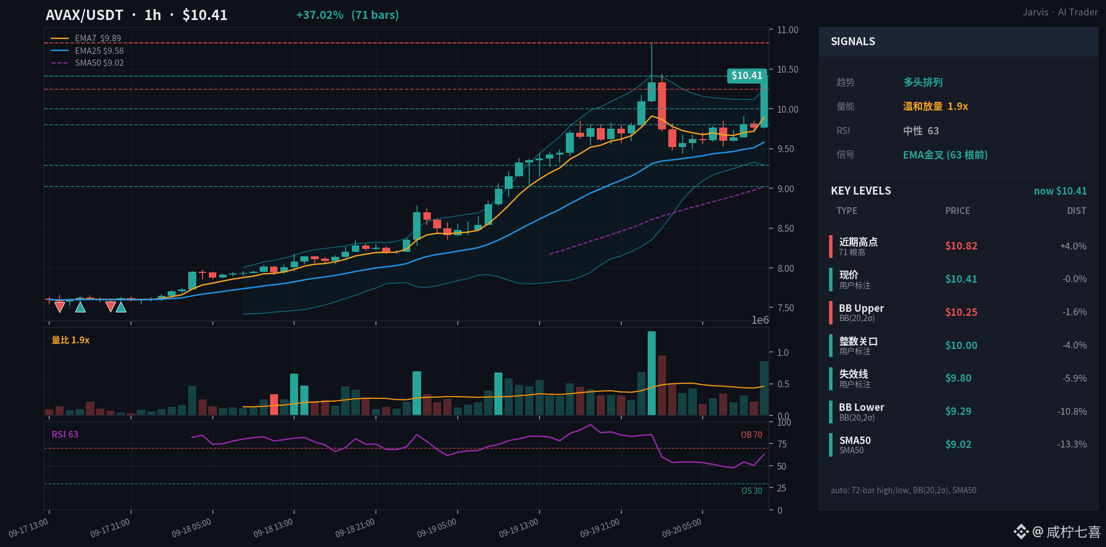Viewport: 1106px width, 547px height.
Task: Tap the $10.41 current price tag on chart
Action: click(x=747, y=76)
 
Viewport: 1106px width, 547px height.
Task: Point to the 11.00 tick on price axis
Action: click(x=787, y=30)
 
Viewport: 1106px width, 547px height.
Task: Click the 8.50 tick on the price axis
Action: click(x=786, y=228)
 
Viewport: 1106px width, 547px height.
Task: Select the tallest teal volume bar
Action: click(x=652, y=373)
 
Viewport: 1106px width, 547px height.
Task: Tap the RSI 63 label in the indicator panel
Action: click(x=65, y=434)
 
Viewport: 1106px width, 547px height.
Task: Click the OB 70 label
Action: click(x=751, y=435)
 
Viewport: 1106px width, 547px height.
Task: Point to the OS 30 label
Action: click(x=752, y=491)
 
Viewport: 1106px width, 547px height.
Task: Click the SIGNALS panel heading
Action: click(x=853, y=42)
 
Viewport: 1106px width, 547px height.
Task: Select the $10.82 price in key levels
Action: click(x=961, y=246)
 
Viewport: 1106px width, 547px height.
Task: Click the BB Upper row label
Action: click(x=861, y=308)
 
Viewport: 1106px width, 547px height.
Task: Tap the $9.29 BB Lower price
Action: click(x=958, y=411)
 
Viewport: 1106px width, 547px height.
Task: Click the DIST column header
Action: click(x=1076, y=211)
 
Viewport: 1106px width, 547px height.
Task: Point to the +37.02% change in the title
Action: click(x=319, y=15)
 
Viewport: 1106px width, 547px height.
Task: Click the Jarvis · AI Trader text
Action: click(x=1060, y=12)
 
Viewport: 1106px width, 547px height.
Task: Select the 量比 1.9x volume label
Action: click(x=70, y=340)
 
